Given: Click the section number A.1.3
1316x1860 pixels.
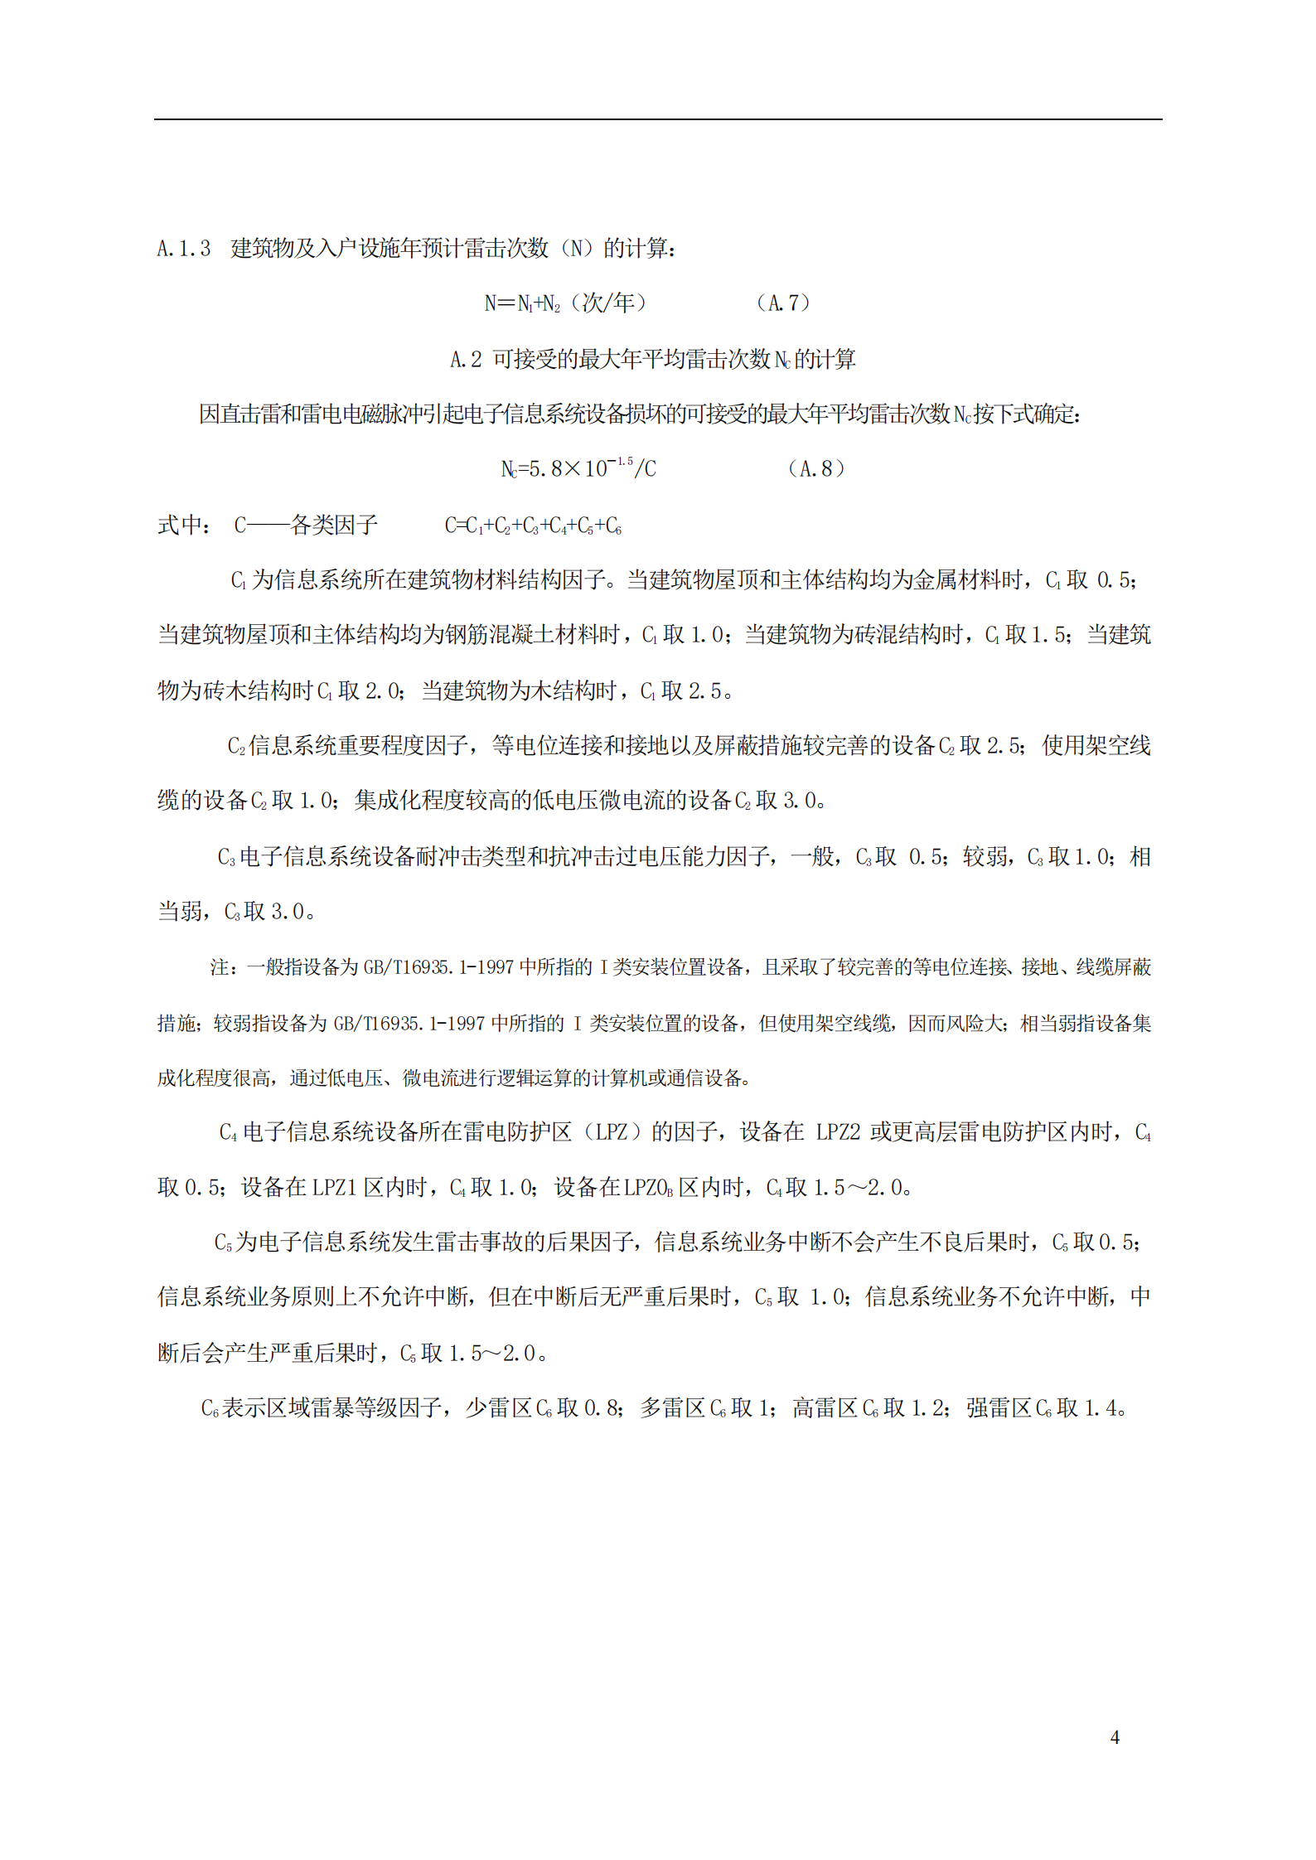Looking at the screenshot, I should [x=184, y=249].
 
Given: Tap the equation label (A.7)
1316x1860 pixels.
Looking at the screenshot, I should [x=783, y=303].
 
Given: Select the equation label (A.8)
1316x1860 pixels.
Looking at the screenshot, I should [x=816, y=469].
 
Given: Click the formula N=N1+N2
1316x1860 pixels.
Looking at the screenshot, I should [x=522, y=303].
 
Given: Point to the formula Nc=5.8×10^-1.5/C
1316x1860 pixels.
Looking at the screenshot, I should [x=578, y=469].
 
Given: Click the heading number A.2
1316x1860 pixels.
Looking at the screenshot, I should [x=465, y=360].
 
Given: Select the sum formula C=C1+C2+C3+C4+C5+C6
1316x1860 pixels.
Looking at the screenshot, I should [x=533, y=526].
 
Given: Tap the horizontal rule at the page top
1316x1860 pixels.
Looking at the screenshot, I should [x=657, y=119].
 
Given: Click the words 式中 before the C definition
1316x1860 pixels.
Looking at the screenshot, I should [x=180, y=526].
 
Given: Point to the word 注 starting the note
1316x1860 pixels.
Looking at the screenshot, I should [x=219, y=967].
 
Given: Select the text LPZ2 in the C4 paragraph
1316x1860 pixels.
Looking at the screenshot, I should [x=838, y=1132].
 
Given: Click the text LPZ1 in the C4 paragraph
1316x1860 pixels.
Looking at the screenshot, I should [x=334, y=1188].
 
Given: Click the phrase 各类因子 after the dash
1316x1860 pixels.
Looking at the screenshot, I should [x=335, y=526].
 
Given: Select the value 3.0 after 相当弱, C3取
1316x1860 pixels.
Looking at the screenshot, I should [x=288, y=912].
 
